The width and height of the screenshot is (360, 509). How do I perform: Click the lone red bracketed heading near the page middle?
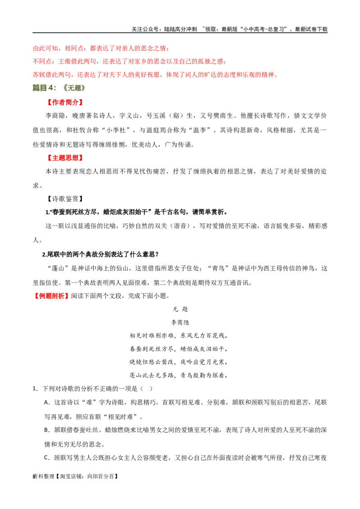click(51, 297)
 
